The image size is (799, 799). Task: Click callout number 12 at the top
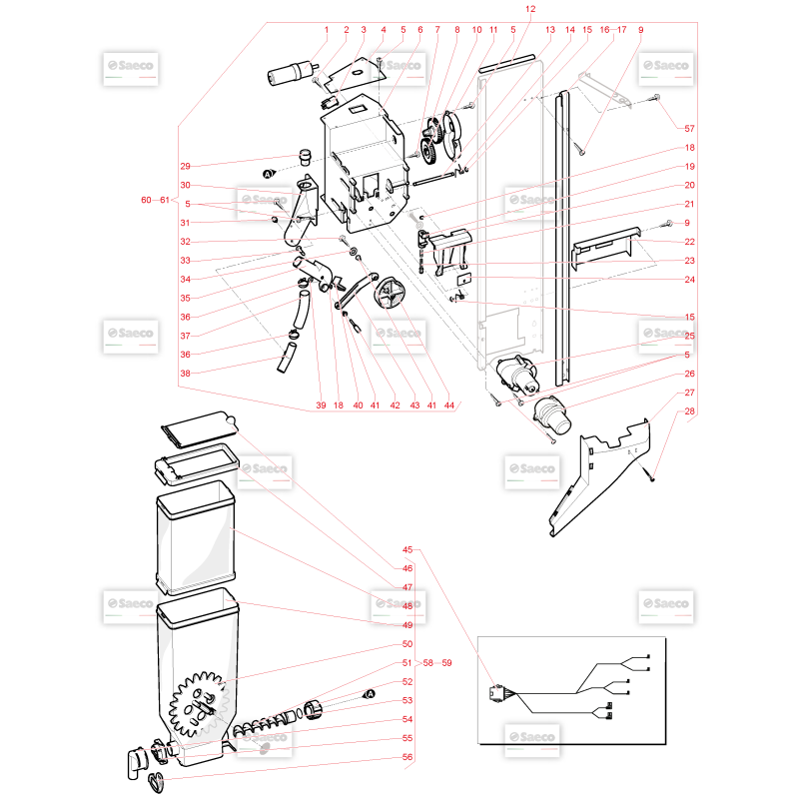click(530, 9)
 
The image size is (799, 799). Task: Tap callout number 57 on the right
click(689, 129)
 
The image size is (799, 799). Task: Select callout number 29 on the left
click(185, 166)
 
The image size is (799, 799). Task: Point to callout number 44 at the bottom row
click(448, 405)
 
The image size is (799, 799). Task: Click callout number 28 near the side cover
click(689, 411)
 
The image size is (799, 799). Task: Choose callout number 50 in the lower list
click(407, 644)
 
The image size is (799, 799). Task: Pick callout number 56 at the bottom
click(407, 757)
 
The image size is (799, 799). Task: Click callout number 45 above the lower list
click(407, 550)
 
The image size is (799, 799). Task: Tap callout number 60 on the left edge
click(146, 200)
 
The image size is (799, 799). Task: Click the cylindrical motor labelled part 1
click(291, 73)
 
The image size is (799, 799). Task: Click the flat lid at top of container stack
click(199, 428)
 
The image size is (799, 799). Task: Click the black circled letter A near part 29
click(268, 174)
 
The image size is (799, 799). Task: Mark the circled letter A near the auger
click(370, 694)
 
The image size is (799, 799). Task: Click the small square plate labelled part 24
click(463, 280)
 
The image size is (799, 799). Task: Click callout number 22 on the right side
click(689, 242)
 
